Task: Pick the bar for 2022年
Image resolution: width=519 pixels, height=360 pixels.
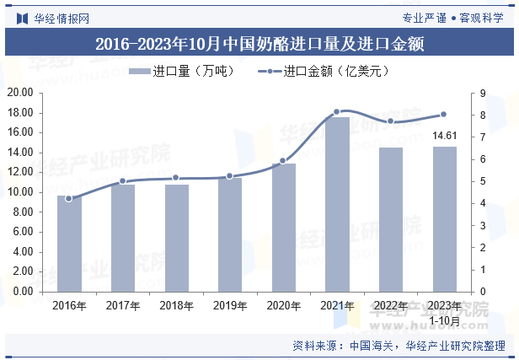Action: pos(390,219)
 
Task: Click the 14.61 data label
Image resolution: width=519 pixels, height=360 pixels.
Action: pos(444,135)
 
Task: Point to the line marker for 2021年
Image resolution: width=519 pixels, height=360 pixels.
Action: pos(337,111)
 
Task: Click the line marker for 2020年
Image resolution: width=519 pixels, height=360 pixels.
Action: pos(283,160)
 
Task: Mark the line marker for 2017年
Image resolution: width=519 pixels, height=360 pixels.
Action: pos(122,181)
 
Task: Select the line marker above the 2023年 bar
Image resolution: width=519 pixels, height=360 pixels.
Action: pos(444,115)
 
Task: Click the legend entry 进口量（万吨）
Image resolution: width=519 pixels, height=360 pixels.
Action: pos(181,72)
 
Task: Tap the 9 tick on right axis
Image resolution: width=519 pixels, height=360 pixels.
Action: pos(484,93)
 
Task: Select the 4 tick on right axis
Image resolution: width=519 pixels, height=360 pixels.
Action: pos(484,203)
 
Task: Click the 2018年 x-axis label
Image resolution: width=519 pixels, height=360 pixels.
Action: pos(176,305)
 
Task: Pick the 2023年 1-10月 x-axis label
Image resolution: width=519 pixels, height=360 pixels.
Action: pos(444,312)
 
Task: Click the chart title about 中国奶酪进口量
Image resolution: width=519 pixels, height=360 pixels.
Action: pos(259,43)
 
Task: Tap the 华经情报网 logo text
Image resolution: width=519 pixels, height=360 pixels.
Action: pos(61,16)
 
